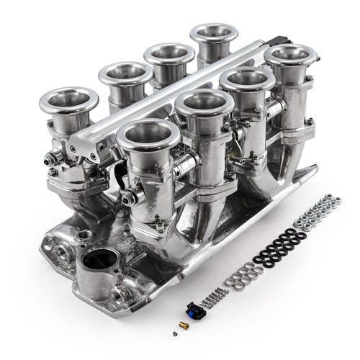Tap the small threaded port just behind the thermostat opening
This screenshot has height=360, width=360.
pos(84,235)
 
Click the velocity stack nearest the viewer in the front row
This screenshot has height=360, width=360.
pos(148,135)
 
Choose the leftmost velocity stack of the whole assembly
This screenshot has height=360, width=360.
pos(69,102)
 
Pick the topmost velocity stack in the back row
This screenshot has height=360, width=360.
pos(212,34)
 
